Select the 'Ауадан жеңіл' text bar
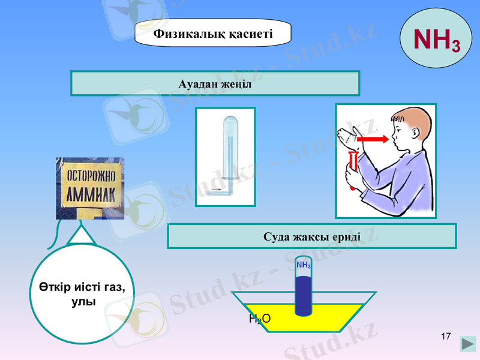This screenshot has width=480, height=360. pyautogui.click(x=215, y=83)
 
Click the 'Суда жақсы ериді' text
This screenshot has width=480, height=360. pyautogui.click(x=311, y=236)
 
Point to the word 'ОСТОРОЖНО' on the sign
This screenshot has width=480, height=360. pyautogui.click(x=90, y=177)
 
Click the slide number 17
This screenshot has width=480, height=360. pyautogui.click(x=445, y=335)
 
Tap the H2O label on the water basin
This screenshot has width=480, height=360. pyautogui.click(x=259, y=318)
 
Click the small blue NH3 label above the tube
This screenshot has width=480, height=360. pyautogui.click(x=304, y=265)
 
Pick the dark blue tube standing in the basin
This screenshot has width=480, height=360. pyautogui.click(x=304, y=294)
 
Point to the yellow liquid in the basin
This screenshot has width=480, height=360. pyautogui.click(x=336, y=315)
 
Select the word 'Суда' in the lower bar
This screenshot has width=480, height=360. pyautogui.click(x=277, y=236)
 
